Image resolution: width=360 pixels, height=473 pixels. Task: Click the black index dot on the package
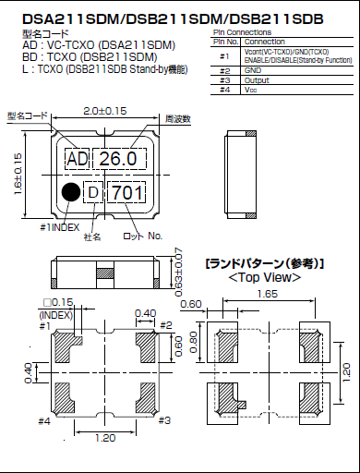coord(70,192)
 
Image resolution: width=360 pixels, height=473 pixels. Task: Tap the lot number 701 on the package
coord(126,193)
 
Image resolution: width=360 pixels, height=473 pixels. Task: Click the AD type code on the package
coord(77,159)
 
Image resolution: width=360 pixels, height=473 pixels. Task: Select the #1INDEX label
coord(63,225)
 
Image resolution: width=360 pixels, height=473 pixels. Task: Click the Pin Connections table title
coord(244,31)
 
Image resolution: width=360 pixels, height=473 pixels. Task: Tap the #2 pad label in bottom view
coord(165,325)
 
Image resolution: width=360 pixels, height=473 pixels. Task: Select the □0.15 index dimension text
coord(56,303)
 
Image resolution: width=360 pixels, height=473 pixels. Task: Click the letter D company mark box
coord(92,192)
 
